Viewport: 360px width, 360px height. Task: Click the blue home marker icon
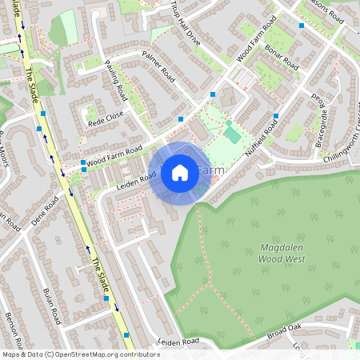coord(180,173)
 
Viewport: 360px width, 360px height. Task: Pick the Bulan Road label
coord(51,302)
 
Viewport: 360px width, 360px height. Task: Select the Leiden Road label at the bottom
coord(178,342)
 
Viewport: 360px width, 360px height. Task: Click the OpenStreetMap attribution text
coord(80,354)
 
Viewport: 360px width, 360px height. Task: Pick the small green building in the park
coord(232,133)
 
